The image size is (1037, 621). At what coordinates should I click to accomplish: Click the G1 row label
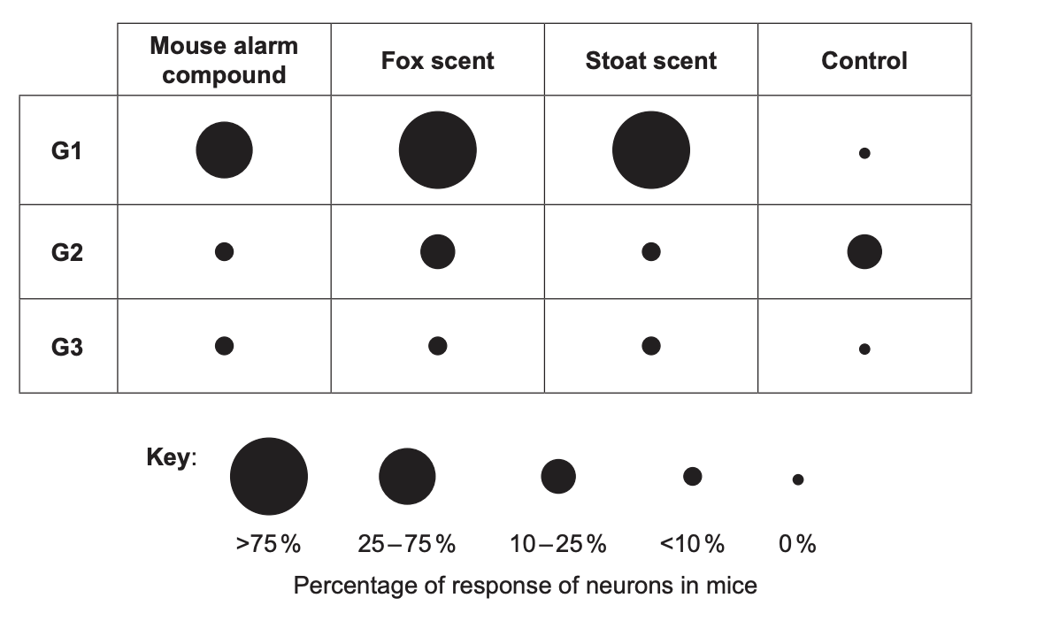(x=66, y=151)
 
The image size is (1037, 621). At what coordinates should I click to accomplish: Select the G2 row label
(x=66, y=253)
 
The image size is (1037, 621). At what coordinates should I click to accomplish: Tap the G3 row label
(x=66, y=347)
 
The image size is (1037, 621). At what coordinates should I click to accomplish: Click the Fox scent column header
(x=437, y=61)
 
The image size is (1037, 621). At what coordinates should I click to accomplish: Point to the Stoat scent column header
(x=650, y=61)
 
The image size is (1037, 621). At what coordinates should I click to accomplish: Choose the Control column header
(x=864, y=61)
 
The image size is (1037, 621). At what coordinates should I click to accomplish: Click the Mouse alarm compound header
(x=224, y=60)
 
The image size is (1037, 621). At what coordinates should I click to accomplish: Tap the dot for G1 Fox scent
(x=438, y=150)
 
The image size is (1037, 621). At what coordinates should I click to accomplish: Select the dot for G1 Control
(x=864, y=153)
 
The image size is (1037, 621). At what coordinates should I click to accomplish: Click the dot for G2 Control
(x=864, y=252)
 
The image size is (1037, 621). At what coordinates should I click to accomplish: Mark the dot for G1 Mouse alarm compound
(x=224, y=150)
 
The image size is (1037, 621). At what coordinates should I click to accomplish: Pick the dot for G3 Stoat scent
(x=651, y=346)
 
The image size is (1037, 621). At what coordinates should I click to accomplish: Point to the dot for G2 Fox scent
(x=438, y=252)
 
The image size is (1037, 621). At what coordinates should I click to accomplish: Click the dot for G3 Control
(x=864, y=349)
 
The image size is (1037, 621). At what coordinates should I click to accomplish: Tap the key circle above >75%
(x=269, y=476)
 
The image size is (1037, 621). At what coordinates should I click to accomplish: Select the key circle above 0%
(x=798, y=479)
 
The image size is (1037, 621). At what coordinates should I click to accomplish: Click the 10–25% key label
(x=557, y=544)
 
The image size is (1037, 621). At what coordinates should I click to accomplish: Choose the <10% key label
(x=692, y=544)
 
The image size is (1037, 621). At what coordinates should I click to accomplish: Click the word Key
(x=169, y=458)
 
